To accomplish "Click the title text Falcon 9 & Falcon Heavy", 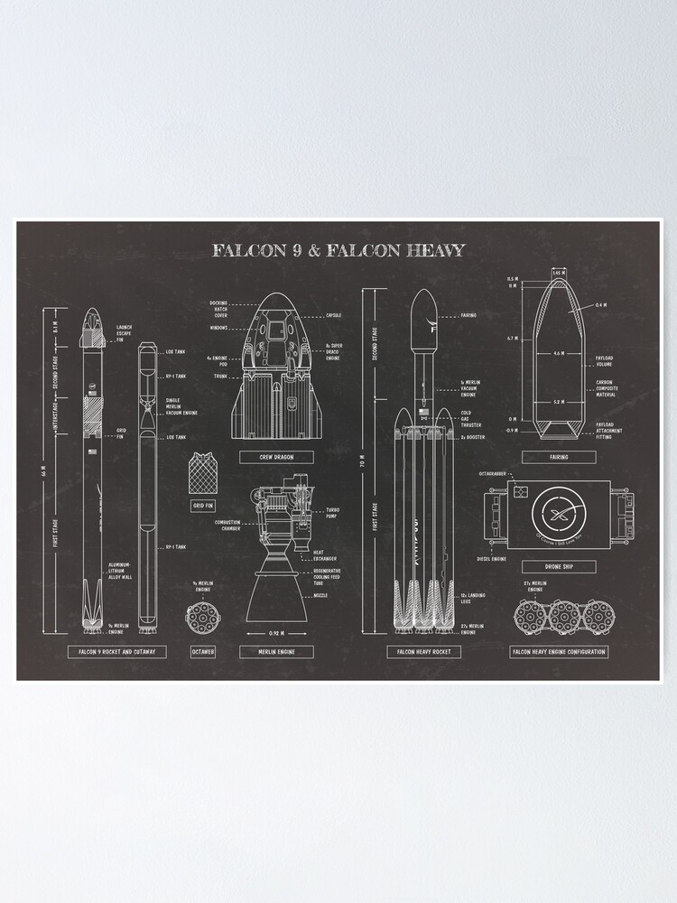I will (338, 250).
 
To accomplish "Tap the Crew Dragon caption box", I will (276, 457).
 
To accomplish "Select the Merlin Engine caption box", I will (276, 651).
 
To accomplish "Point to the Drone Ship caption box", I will (559, 567).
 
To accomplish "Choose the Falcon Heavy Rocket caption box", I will (423, 651).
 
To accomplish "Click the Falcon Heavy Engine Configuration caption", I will (559, 651).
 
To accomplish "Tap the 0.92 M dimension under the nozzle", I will (276, 633).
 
